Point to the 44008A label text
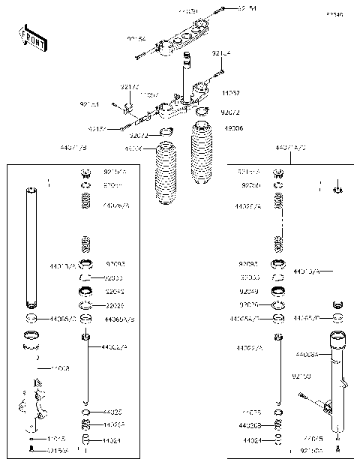[x=307, y=354]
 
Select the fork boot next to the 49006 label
[x=202, y=161]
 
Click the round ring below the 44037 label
[x=202, y=113]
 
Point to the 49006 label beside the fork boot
[x=232, y=128]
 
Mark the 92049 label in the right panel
[x=250, y=290]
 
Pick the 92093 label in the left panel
[x=115, y=264]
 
